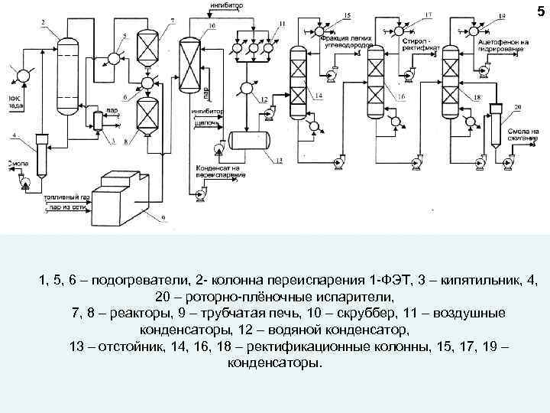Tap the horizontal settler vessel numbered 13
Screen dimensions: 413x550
point(257,140)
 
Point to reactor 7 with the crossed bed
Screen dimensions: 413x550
point(146,47)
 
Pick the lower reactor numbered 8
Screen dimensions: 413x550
point(145,115)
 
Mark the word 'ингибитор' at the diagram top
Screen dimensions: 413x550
point(225,6)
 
